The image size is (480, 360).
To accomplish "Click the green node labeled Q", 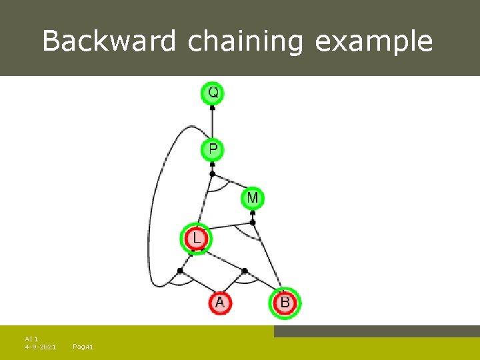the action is [x=213, y=93].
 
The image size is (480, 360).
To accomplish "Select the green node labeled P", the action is [x=213, y=149].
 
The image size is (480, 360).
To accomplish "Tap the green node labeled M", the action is [x=253, y=198].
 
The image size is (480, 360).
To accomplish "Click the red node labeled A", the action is [x=220, y=303].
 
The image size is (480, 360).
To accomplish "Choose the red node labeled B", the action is [x=285, y=303].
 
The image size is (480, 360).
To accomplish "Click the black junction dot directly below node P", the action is [x=212, y=174].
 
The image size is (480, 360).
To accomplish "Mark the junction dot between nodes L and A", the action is [x=180, y=271].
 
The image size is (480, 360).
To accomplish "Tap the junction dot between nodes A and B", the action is [x=245, y=271].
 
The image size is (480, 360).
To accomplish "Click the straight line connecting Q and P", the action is [x=213, y=121].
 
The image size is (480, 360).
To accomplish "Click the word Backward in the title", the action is [x=109, y=41].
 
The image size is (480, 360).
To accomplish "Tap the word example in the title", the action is [x=373, y=41].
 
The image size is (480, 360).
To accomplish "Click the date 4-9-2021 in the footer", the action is [x=40, y=347].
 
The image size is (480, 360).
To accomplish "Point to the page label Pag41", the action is [x=83, y=347].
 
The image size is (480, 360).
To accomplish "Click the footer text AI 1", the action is [x=31, y=339].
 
